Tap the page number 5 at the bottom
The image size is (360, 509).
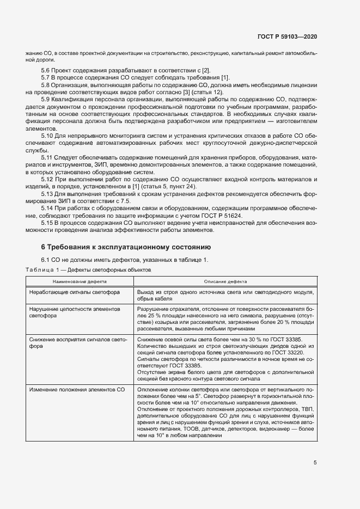tap(315, 463)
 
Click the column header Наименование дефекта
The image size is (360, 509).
tap(80, 282)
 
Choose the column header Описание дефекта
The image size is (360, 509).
tap(225, 282)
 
